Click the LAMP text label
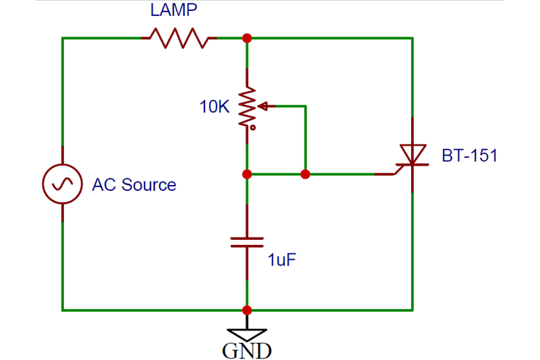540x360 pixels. point(174,9)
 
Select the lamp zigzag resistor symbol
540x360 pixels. point(179,38)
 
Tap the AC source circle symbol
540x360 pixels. point(63,184)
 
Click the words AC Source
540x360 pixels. point(134,184)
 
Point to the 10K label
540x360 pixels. point(215,107)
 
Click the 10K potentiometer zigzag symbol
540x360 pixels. point(247,106)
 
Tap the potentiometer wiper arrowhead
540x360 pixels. point(262,107)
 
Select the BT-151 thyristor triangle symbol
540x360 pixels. point(413,154)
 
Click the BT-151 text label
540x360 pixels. point(469,156)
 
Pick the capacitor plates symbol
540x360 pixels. point(247,242)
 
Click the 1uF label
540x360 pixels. point(282,260)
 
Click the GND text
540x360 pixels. point(247,351)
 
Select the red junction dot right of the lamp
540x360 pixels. point(247,38)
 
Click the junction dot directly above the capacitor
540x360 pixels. point(247,174)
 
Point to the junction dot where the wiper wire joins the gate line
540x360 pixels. point(305,174)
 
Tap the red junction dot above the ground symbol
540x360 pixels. point(247,310)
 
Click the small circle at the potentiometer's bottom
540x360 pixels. point(253,128)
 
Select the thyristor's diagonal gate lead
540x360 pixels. point(399,169)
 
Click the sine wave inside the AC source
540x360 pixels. point(63,184)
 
